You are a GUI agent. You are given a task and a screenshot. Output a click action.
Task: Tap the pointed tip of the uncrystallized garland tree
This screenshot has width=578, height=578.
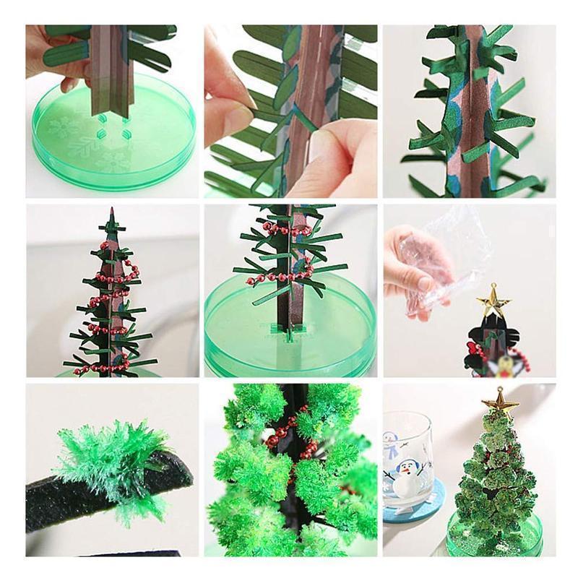pyautogui.click(x=111, y=211)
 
